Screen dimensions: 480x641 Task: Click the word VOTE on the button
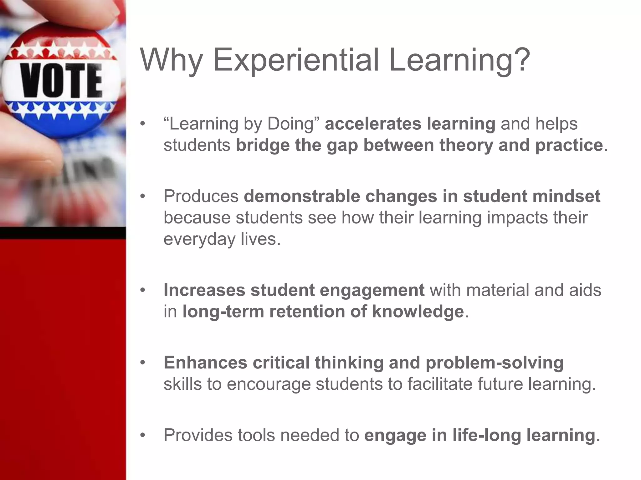pyautogui.click(x=61, y=80)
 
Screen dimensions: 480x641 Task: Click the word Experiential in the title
pyautogui.click(x=296, y=60)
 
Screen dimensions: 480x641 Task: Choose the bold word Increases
pyautogui.click(x=204, y=290)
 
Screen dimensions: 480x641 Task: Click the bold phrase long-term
pyautogui.click(x=223, y=312)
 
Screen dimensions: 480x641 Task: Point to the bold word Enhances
pyautogui.click(x=205, y=362)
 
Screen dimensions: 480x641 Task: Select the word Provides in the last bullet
pyautogui.click(x=198, y=435)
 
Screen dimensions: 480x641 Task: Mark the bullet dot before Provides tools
pyautogui.click(x=143, y=435)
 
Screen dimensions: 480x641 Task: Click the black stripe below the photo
pyautogui.click(x=63, y=233)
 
